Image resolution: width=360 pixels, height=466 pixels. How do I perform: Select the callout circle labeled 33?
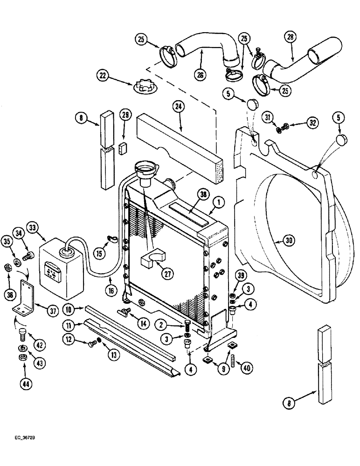[x=45, y=228]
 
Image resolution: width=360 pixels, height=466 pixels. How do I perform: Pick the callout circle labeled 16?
[x=110, y=280]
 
